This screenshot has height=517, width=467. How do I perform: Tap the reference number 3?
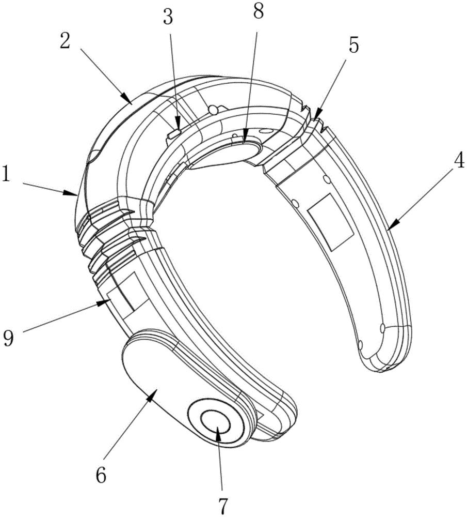click(x=168, y=18)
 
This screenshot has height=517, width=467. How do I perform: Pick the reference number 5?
click(x=353, y=45)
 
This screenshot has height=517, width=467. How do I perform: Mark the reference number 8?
click(x=259, y=12)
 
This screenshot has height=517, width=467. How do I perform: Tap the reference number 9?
click(x=9, y=338)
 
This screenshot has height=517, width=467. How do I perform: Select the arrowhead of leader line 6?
click(x=152, y=393)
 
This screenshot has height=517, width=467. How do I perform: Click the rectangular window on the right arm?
click(x=330, y=222)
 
